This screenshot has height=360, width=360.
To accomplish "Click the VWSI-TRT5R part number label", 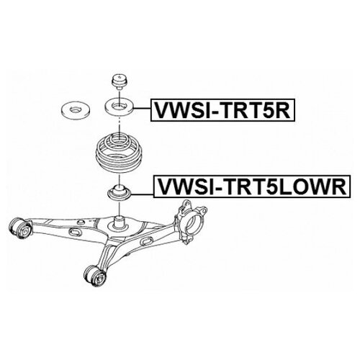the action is click(x=222, y=110).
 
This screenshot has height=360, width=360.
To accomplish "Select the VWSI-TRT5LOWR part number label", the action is click(x=252, y=186).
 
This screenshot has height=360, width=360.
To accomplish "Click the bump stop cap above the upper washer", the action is click(x=120, y=81).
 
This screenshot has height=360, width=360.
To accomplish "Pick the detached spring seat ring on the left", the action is click(x=75, y=109).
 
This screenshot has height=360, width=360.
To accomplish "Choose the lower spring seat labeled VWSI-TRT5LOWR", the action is click(x=119, y=192).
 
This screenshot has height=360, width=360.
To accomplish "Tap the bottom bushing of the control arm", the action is click(x=96, y=276).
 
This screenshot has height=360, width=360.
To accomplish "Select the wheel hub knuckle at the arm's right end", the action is click(x=191, y=221).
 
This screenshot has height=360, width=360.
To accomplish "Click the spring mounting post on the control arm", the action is click(x=119, y=221).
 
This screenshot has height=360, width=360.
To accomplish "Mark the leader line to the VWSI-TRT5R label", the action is click(x=143, y=109).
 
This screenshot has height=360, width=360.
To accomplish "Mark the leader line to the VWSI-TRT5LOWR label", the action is click(x=143, y=194).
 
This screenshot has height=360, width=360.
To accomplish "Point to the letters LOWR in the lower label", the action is click(x=312, y=186).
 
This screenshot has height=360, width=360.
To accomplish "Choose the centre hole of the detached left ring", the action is click(x=75, y=109).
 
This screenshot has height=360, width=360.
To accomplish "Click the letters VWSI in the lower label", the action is click(x=184, y=186).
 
